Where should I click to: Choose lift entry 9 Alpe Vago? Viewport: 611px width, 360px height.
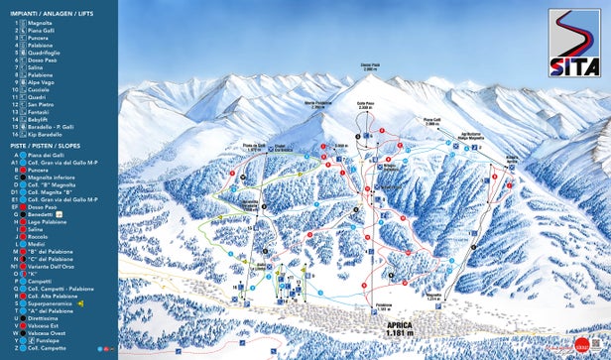(x=41, y=81)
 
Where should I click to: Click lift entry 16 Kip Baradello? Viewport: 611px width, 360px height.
(x=45, y=134)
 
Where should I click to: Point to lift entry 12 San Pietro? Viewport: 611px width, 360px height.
(x=41, y=104)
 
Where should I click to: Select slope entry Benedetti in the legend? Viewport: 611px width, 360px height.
(x=41, y=213)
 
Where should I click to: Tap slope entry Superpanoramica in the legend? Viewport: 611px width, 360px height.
(x=50, y=302)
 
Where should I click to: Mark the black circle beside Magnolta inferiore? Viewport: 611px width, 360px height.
(x=19, y=177)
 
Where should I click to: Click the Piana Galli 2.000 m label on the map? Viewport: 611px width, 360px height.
(x=432, y=123)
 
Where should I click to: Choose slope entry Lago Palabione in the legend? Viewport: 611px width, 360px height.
(x=47, y=221)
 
